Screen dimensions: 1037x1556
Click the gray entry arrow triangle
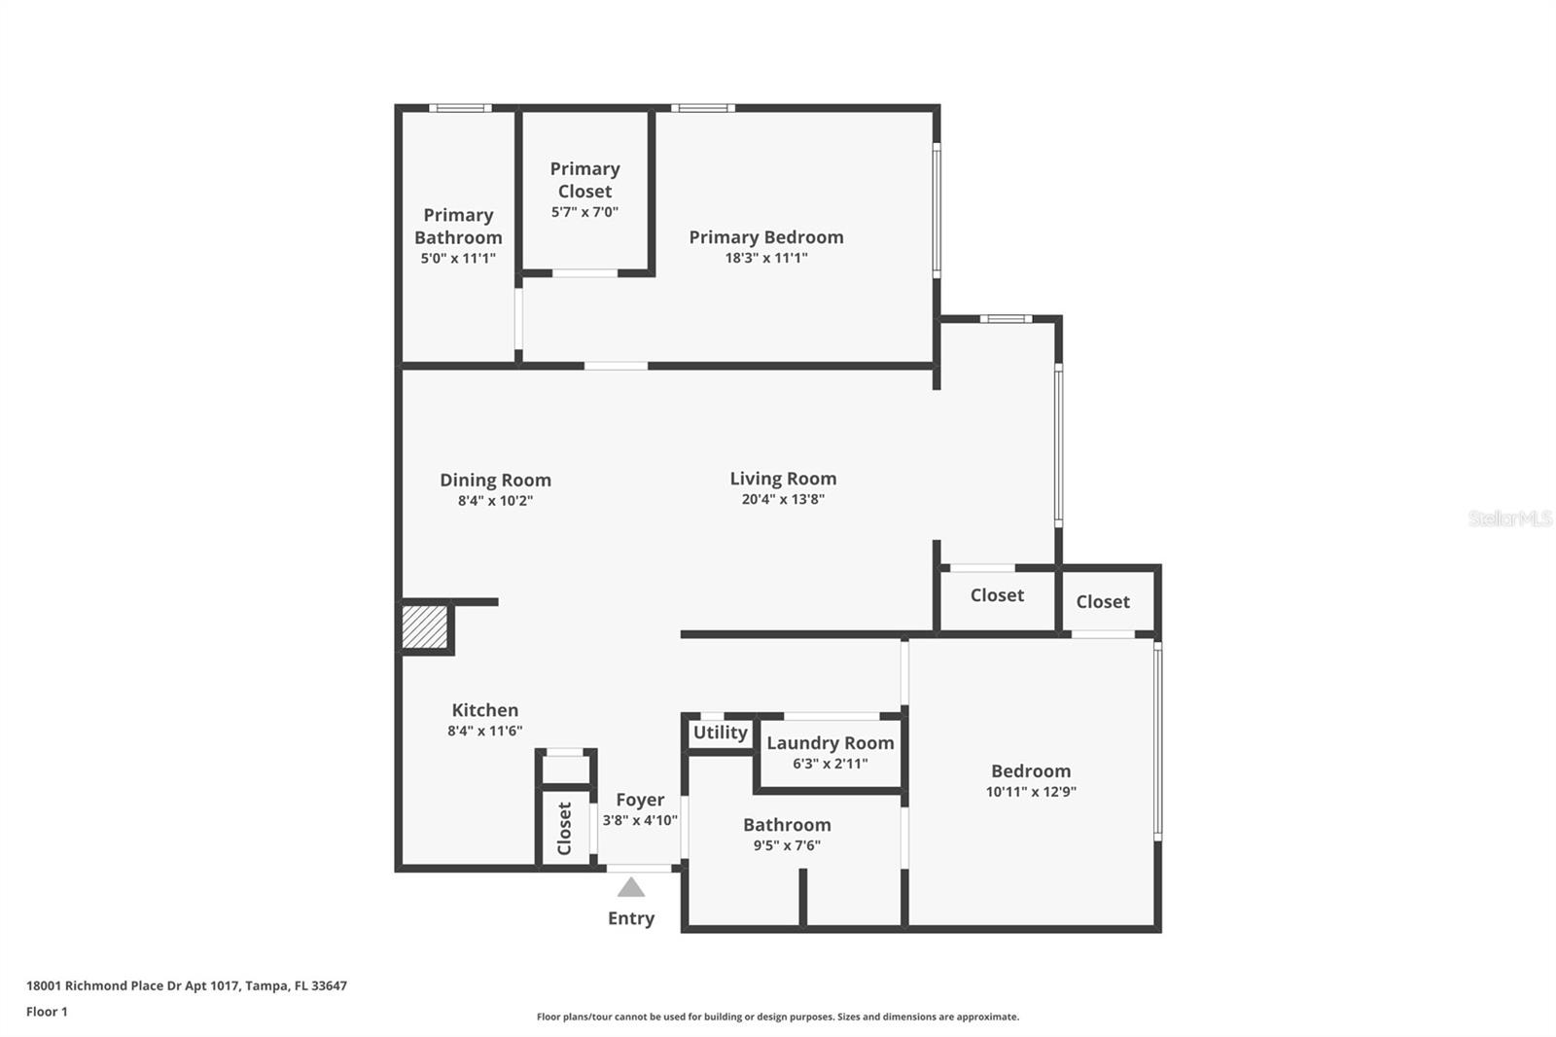(631, 887)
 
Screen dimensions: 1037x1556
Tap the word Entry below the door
(631, 918)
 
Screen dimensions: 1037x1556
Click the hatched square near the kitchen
(425, 627)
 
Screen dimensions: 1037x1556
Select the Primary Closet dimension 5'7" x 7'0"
(584, 212)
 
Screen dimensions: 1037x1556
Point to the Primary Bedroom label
(766, 237)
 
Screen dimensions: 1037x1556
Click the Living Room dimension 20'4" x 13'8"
(783, 499)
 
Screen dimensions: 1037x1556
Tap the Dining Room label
(495, 480)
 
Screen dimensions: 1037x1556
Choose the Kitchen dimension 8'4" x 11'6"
(484, 731)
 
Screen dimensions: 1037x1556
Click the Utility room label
(720, 733)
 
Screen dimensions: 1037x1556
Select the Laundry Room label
(830, 743)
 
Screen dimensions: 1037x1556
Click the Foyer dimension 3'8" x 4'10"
(640, 820)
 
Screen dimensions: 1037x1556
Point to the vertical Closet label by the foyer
(564, 828)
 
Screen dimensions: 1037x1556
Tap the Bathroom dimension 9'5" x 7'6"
(787, 845)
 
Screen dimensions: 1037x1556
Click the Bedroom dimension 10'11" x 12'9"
(1031, 792)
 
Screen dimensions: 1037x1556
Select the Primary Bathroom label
(458, 226)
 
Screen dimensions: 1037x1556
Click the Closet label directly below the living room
(997, 595)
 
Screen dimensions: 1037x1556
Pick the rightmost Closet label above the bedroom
(1103, 602)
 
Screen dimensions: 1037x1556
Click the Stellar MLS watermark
(1509, 518)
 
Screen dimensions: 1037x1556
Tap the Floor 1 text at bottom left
(47, 1012)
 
